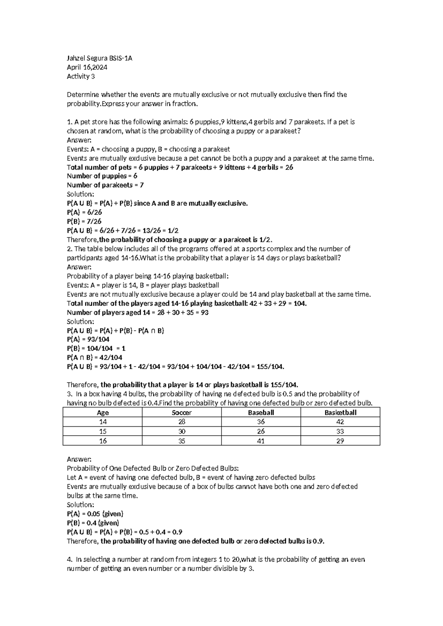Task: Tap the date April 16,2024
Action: coord(87,68)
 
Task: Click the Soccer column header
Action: coord(182,413)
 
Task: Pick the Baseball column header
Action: coord(261,413)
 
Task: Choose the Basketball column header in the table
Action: coord(340,413)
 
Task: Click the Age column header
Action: coord(103,413)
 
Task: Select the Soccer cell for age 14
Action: coord(182,422)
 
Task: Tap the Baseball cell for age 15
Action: coord(261,431)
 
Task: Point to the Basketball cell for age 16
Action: coord(340,441)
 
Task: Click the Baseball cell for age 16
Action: coord(261,441)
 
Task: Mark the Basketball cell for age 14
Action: coord(340,422)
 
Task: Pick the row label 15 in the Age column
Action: coord(103,431)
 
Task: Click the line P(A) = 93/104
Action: coord(88,339)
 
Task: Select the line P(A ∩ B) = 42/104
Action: coord(95,357)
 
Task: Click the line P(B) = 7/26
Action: coord(84,221)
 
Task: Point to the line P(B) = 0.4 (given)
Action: coord(93,523)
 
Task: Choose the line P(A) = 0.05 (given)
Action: coord(95,513)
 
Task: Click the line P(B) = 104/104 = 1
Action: coord(96,348)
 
